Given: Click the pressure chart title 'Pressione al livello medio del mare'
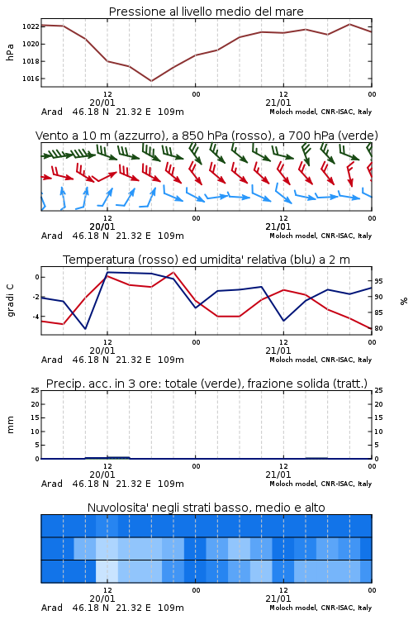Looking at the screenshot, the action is (206, 12).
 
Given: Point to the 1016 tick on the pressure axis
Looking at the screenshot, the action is (31, 79).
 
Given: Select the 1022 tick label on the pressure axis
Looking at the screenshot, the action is (31, 26).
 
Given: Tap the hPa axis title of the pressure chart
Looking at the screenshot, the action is (10, 52).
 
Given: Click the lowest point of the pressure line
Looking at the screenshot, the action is (151, 81).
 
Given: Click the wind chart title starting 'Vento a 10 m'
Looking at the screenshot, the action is (206, 136).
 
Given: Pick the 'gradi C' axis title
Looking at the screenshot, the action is (10, 301).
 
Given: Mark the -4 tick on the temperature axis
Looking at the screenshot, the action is (36, 317).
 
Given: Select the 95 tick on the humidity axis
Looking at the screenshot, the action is (378, 281).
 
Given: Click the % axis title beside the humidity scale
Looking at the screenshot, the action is (404, 301).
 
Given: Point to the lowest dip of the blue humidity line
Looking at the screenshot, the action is (85, 328).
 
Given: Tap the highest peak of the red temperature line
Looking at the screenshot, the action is (173, 272).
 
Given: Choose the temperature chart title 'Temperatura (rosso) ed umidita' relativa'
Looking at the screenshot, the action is (206, 260).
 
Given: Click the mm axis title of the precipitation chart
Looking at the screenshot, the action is (10, 425).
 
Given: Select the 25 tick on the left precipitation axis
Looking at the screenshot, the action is (36, 390).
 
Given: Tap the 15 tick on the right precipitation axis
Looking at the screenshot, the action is (378, 417).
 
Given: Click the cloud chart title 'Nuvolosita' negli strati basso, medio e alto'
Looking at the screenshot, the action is (206, 508).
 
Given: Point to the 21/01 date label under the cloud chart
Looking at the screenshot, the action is (278, 599).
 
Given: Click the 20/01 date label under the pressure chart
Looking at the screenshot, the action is (102, 103).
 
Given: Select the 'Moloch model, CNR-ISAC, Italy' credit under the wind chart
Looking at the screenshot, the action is (320, 236).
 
